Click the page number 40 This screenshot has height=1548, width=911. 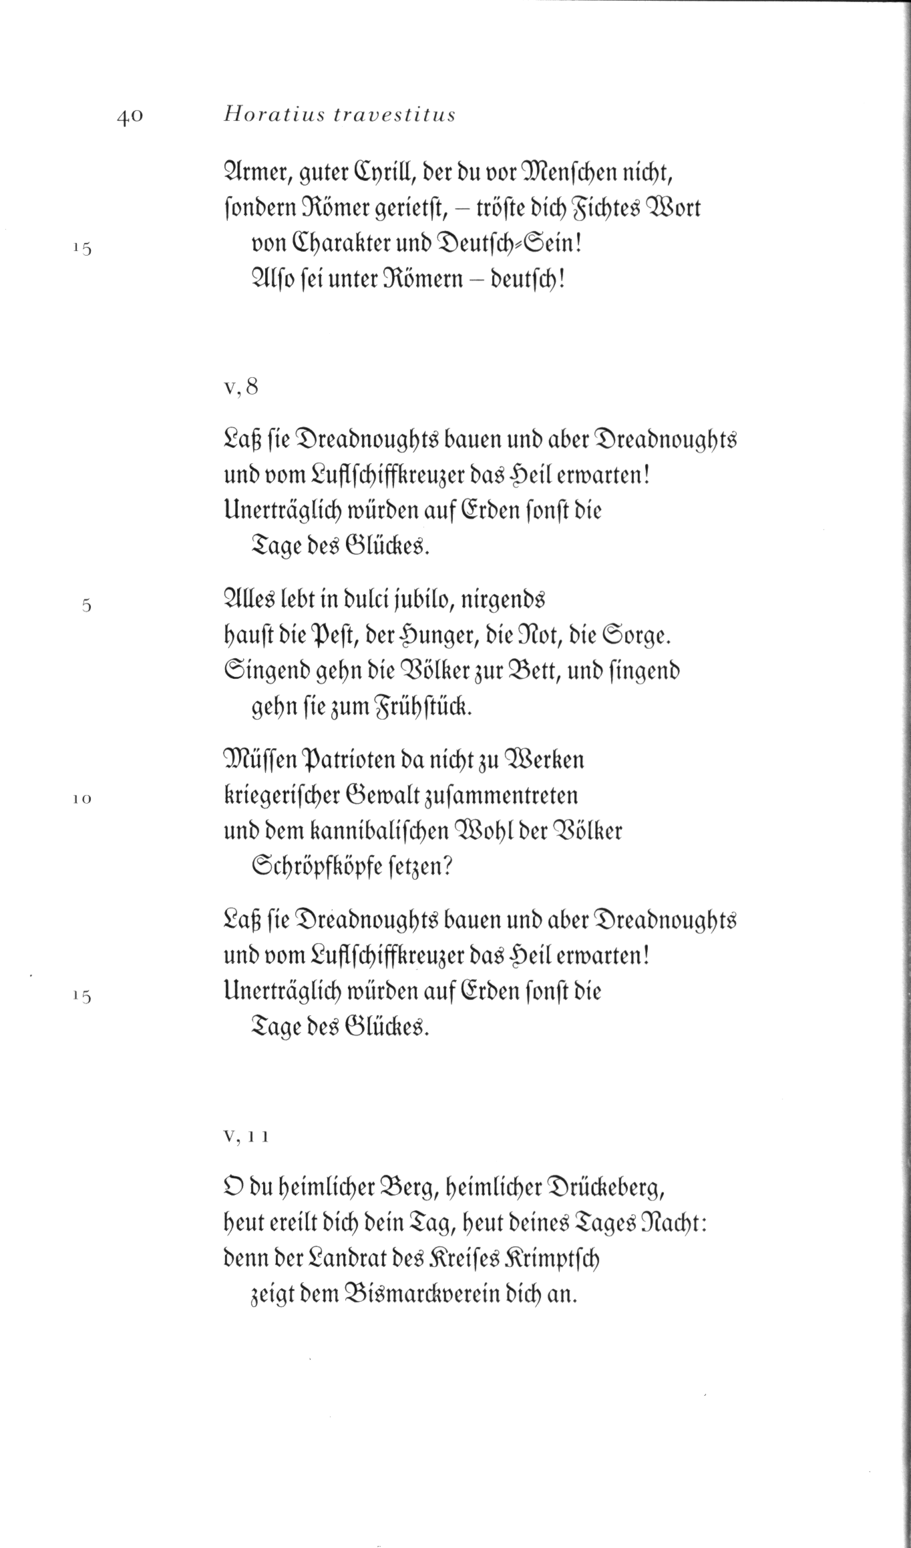(130, 116)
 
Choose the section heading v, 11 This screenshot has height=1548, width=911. (246, 1137)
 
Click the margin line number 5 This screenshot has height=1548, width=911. (85, 605)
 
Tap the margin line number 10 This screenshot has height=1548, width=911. (82, 798)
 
